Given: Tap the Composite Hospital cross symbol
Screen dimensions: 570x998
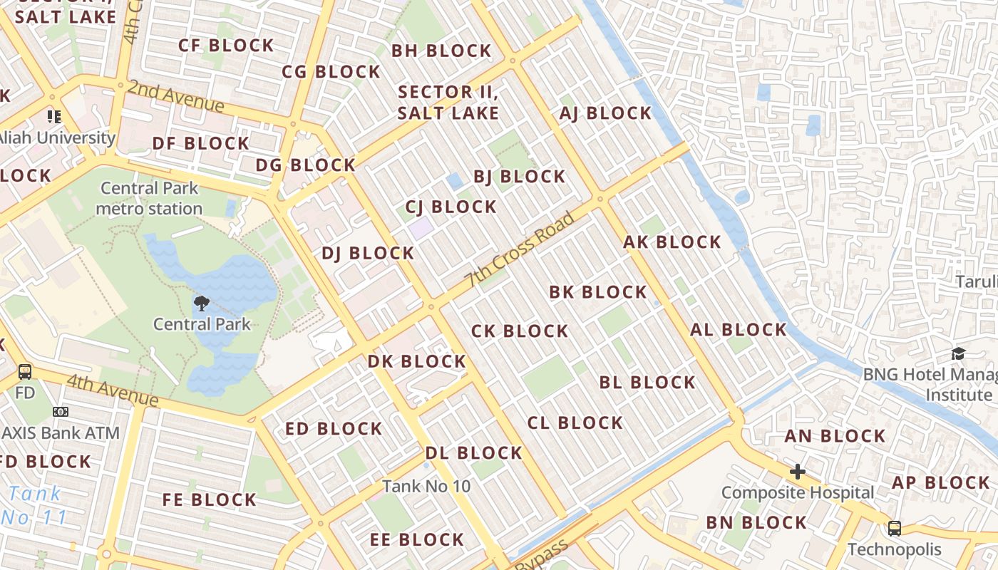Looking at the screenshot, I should pos(797,472).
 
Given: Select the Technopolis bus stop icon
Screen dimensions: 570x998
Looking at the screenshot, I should pos(894,529).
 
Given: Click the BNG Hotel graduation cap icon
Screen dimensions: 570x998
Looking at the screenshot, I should pos(958,354).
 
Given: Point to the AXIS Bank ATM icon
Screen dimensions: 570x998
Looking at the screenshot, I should pos(61,412).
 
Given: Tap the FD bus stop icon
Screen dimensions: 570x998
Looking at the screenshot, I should pos(25,371).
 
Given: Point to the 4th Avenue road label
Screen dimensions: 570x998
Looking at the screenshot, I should pos(113,389).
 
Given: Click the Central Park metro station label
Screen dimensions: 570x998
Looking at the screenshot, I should pos(149,198).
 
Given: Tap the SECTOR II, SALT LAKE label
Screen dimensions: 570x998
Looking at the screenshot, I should pos(448,102).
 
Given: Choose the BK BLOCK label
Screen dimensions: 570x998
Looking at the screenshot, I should pos(597,292).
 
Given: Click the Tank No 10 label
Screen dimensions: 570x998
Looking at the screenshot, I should pos(426,486).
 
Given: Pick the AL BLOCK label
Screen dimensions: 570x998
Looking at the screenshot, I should pos(738,330).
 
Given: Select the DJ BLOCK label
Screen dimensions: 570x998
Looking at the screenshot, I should pos(367,253).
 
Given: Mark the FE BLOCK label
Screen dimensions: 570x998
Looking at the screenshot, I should pos(209,499).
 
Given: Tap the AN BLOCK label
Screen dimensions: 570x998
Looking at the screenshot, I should pos(835,436).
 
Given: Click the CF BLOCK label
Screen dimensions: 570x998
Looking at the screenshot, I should pos(226,46).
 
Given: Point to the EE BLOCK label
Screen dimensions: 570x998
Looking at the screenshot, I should pos(417,539).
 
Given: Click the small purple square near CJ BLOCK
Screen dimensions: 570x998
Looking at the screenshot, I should pos(420,229).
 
